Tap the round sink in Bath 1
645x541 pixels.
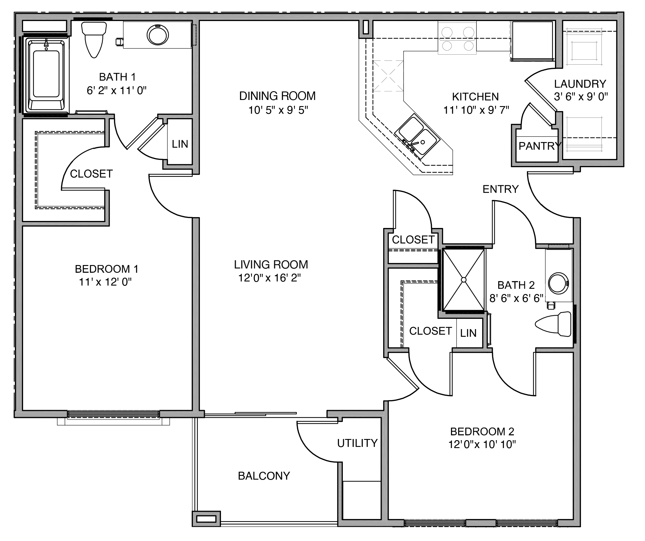158,35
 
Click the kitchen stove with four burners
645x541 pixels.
457,38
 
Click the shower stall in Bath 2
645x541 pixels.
464,280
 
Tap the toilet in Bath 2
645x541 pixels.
553,324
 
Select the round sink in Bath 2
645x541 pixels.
558,283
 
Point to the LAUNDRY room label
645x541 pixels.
580,84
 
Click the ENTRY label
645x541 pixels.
501,189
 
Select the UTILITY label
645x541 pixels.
357,443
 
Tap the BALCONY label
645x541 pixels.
264,476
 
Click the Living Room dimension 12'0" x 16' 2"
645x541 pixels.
270,278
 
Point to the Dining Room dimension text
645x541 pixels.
278,110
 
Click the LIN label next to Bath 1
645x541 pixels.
180,144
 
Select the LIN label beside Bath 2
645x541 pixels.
468,333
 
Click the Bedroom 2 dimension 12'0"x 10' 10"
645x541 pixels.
482,445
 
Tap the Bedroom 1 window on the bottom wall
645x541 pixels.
113,414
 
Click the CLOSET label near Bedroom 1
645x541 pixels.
91,174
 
